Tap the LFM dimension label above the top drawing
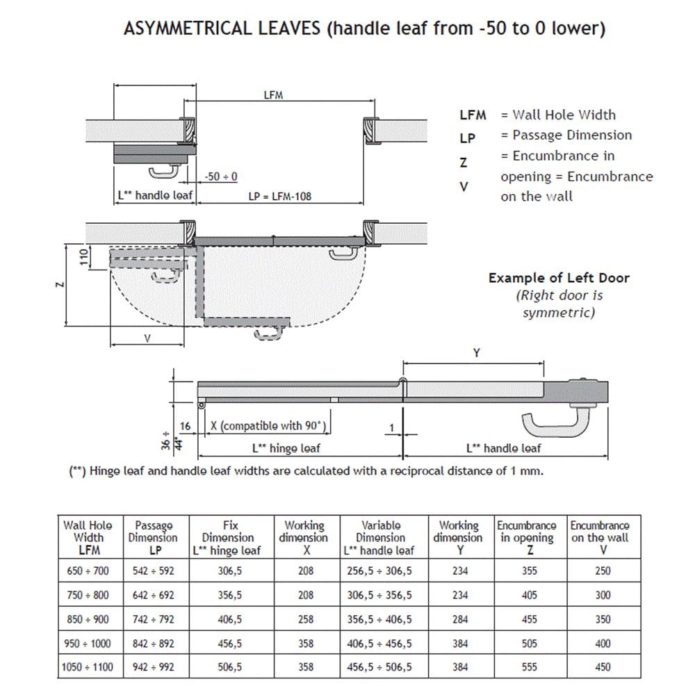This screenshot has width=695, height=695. [274, 95]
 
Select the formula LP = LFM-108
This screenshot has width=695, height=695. [280, 196]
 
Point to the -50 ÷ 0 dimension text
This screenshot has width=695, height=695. [222, 177]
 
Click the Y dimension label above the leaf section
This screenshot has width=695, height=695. [476, 353]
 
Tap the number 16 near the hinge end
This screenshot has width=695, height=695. [185, 426]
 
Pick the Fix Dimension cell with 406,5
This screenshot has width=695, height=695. [229, 619]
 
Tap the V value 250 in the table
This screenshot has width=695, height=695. [603, 571]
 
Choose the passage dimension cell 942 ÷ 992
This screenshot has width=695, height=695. [154, 667]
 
